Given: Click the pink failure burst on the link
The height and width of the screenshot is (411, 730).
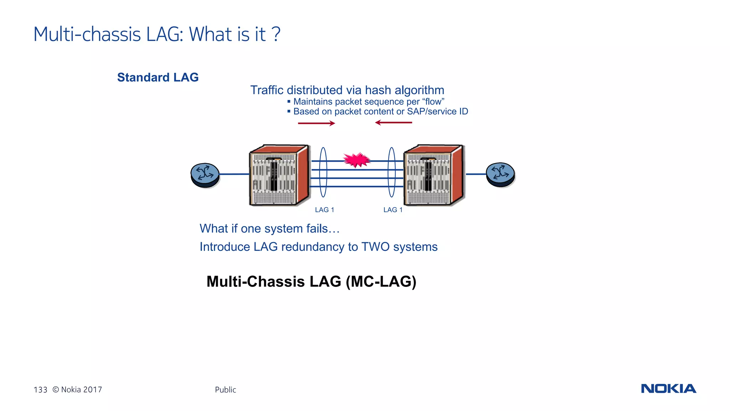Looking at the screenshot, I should tap(356, 160).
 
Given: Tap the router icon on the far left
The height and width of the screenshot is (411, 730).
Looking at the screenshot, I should tap(205, 174).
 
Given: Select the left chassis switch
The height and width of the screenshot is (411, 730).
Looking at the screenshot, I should tap(279, 175).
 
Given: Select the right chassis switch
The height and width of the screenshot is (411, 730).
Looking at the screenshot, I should tap(434, 175).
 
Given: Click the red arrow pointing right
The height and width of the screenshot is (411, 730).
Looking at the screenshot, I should tap(317, 123).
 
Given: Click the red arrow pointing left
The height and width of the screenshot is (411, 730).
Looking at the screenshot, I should tap(394, 123).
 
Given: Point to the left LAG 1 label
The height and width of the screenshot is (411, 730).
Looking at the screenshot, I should tap(324, 210).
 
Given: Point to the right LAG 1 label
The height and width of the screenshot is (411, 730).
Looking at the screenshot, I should tap(393, 210).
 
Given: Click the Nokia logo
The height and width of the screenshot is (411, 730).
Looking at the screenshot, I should tap(668, 389).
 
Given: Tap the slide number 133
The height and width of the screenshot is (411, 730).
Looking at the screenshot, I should tap(40, 390).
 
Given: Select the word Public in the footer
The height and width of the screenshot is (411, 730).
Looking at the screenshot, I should tap(225, 390).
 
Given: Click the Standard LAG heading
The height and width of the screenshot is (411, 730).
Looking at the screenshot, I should tap(158, 77).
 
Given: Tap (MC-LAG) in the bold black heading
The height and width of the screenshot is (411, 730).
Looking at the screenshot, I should tap(381, 282).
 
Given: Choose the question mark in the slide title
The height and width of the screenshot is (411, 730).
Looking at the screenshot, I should tap(276, 34).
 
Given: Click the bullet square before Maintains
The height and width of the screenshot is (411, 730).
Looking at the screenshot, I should tap(289, 102).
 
